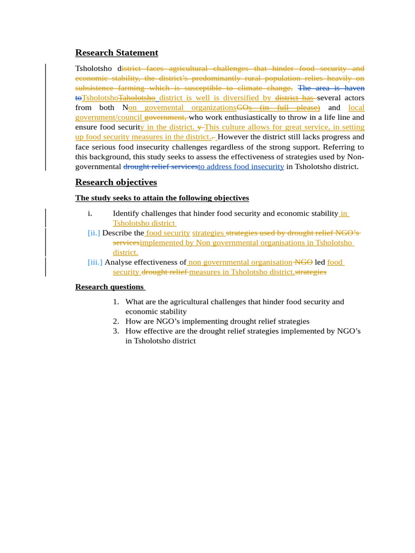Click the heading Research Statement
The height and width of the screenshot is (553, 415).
117,52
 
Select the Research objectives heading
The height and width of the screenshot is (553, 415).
116,182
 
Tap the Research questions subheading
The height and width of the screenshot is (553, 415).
110,287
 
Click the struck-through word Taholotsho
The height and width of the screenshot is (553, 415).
137,98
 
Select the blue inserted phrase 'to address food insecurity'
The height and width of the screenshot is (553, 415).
241,166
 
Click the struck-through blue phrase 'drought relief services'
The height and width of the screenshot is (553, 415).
160,166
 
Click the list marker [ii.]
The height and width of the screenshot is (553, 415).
94,233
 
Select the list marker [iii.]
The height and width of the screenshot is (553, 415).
95,262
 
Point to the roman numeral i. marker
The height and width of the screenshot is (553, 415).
90,213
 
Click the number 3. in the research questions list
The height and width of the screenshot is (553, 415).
116,331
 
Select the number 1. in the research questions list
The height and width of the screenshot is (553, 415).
116,302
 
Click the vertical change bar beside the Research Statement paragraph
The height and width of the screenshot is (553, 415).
45,117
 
